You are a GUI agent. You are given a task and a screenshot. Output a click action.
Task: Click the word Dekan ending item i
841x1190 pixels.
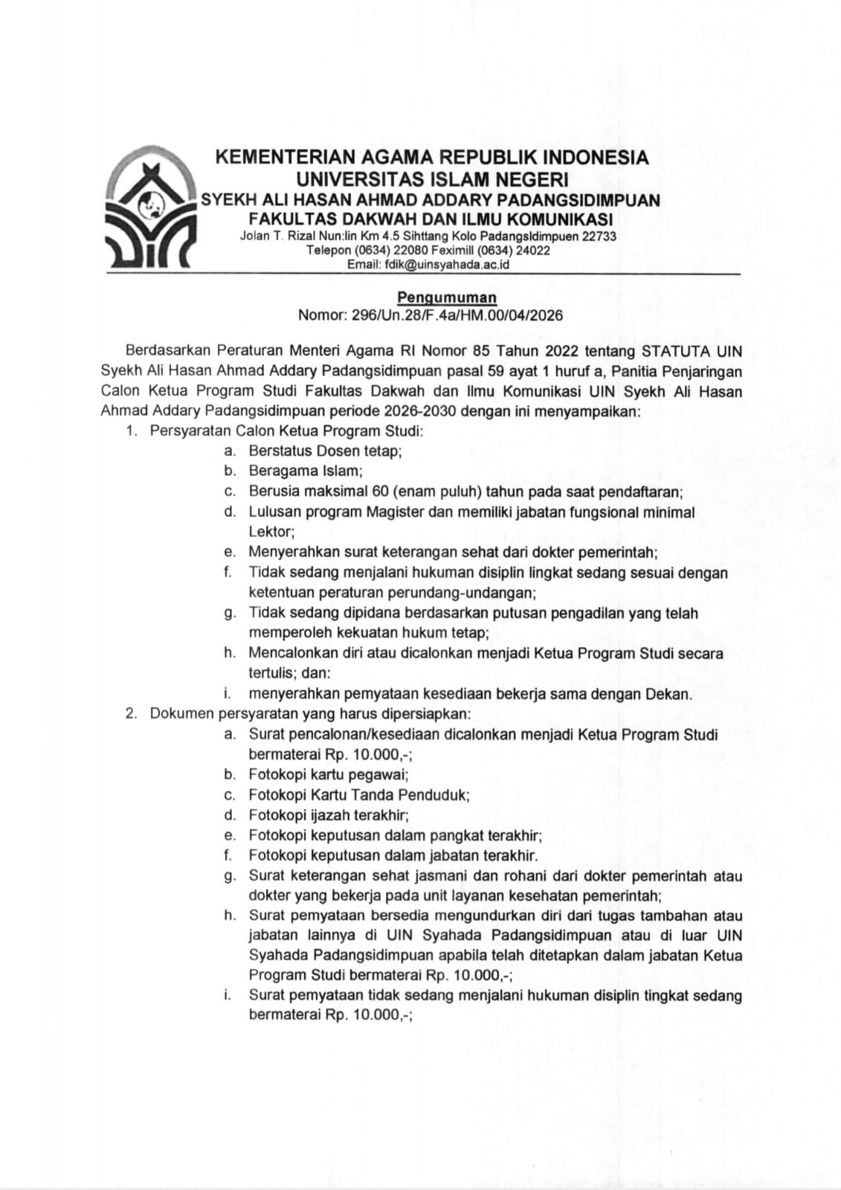coord(671,694)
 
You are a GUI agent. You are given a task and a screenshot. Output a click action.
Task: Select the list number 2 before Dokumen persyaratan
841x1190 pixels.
coord(130,714)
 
